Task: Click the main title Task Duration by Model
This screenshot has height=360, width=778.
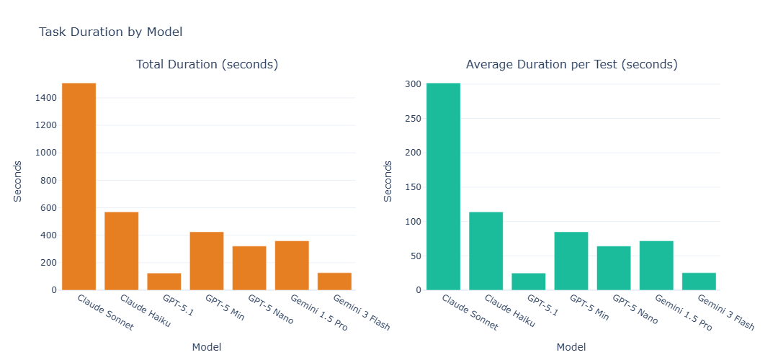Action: coord(110,32)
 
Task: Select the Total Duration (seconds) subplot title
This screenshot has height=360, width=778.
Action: coord(207,65)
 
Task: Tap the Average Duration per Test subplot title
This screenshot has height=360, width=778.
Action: coord(571,65)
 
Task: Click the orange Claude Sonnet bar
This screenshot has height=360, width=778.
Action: coord(79,186)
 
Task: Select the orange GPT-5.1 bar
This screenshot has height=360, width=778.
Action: coord(164,282)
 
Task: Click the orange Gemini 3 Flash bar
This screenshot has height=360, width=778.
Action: coord(334,282)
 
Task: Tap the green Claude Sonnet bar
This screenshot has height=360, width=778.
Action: coord(443,186)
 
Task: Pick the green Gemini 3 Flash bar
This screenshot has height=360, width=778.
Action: coord(699,282)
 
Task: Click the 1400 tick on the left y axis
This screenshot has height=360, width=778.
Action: coord(45,98)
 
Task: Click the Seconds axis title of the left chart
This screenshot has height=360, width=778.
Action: coord(19,181)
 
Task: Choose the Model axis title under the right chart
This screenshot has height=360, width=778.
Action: coord(571,347)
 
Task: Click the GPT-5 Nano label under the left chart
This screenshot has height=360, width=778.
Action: coord(270,310)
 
